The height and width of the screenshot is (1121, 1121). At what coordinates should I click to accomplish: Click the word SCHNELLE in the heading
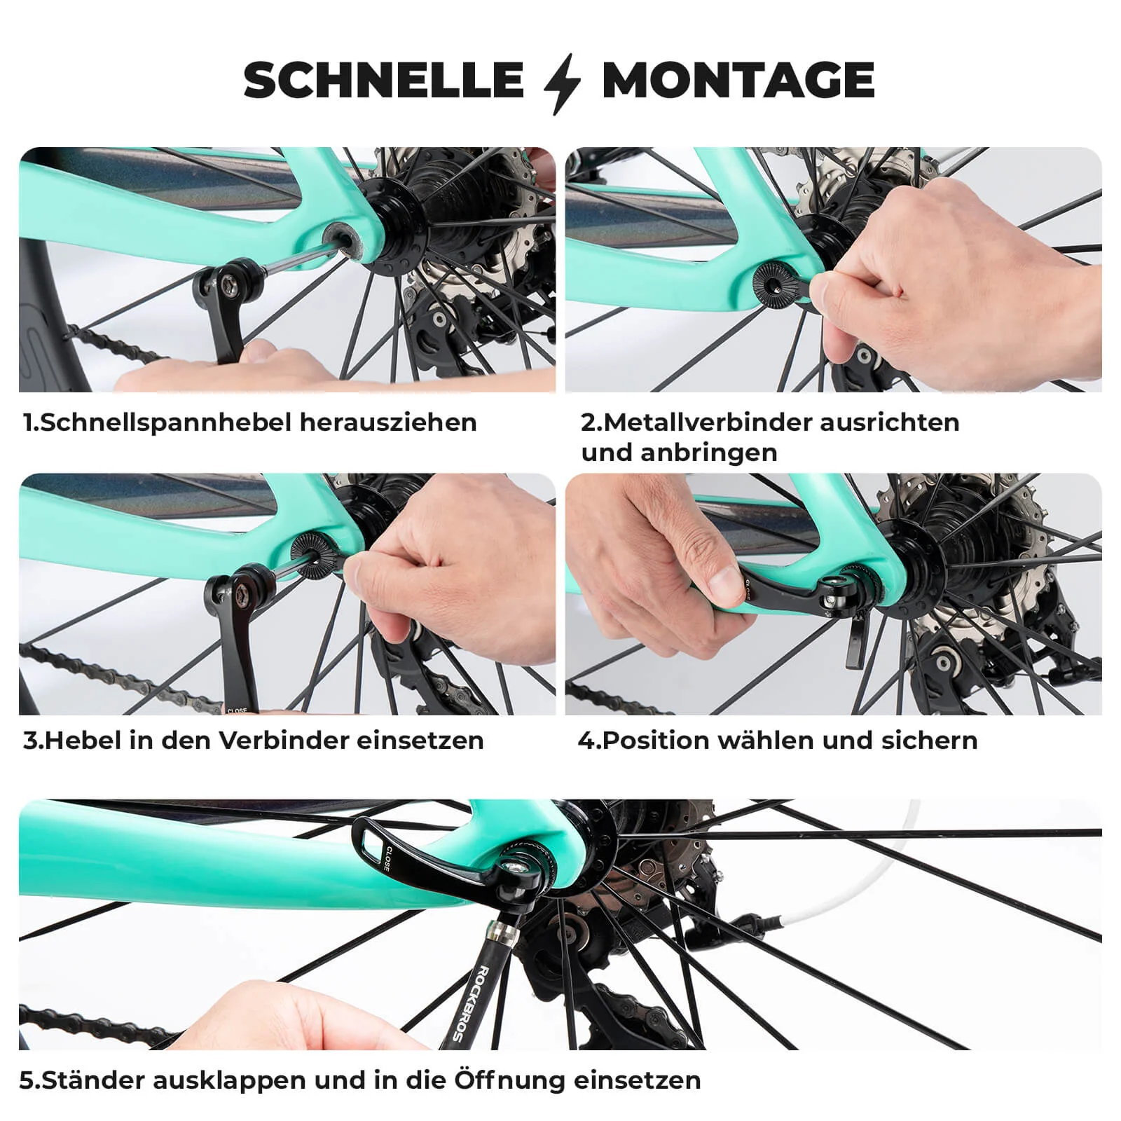coord(383,80)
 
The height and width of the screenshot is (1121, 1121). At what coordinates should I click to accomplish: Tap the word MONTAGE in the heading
coord(738,80)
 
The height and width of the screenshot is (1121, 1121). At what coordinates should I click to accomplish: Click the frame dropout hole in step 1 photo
coord(346,235)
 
